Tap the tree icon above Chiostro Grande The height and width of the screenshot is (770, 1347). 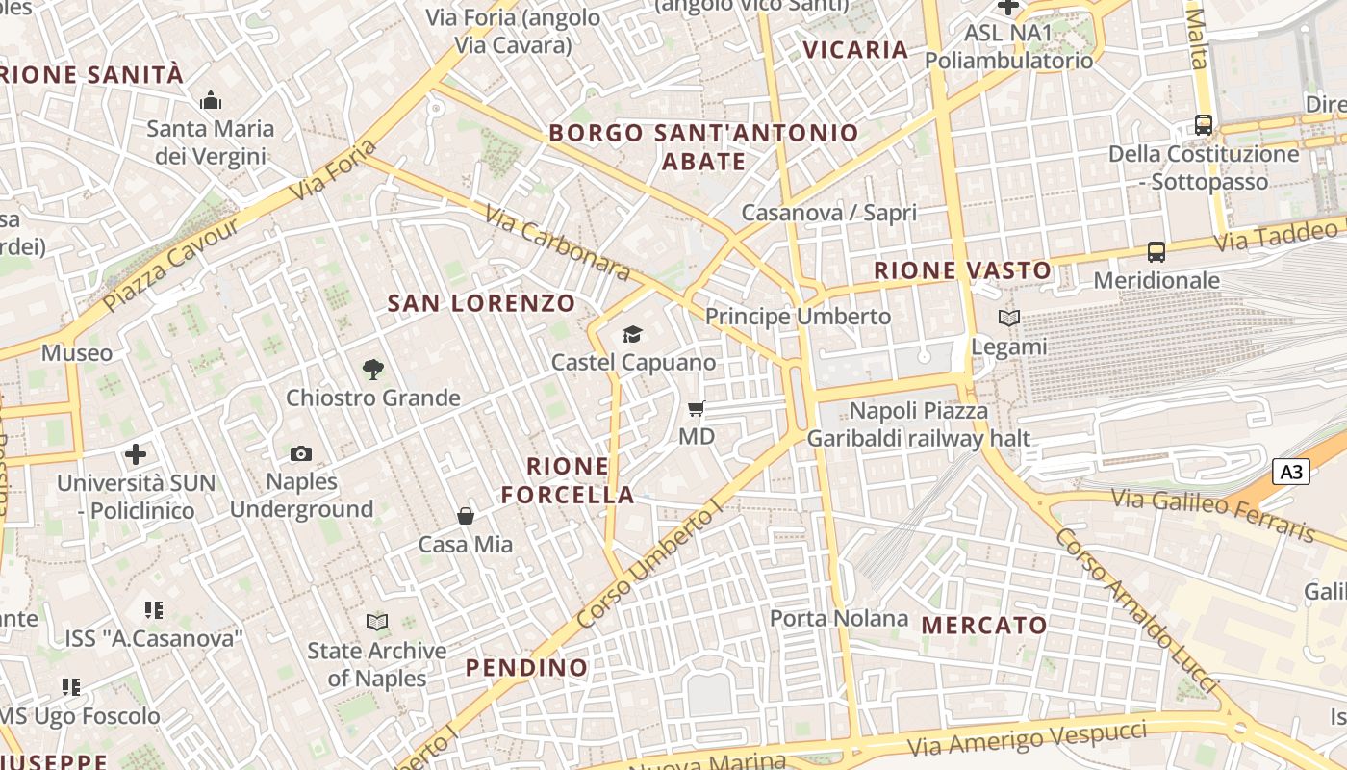point(373,369)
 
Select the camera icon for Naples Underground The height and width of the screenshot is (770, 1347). point(301,453)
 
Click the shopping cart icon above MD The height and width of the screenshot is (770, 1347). point(697,408)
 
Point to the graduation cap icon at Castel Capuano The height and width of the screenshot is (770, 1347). point(632,334)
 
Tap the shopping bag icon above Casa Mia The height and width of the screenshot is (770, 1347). point(466,516)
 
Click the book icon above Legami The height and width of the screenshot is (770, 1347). point(1008,318)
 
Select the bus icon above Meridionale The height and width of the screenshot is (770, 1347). point(1156,252)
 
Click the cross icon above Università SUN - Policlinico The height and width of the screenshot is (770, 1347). point(136,453)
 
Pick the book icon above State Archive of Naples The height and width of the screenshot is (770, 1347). point(377,623)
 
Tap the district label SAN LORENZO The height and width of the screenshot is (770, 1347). point(481,303)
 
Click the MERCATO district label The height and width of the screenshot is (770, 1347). point(984,626)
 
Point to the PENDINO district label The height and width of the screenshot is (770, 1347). point(526,668)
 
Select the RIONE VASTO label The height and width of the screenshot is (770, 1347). point(962,270)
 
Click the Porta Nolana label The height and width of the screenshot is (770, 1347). point(839,618)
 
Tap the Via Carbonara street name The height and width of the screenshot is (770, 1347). point(558,243)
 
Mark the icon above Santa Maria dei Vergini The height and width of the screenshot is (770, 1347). point(210,100)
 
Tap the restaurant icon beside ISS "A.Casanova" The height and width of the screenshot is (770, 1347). point(154,609)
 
